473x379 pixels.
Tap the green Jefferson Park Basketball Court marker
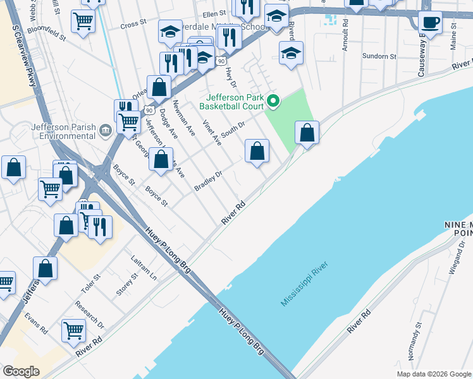click(273, 100)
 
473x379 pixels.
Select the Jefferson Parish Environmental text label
click(63, 131)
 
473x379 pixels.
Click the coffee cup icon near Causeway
click(430, 23)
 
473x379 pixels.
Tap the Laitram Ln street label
click(144, 268)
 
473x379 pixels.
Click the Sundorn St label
click(379, 56)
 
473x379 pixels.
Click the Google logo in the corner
click(21, 371)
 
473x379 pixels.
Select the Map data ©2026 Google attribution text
click(434, 374)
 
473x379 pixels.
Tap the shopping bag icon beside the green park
click(307, 133)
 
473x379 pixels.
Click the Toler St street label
click(90, 284)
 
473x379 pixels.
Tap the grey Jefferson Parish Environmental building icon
click(105, 131)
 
